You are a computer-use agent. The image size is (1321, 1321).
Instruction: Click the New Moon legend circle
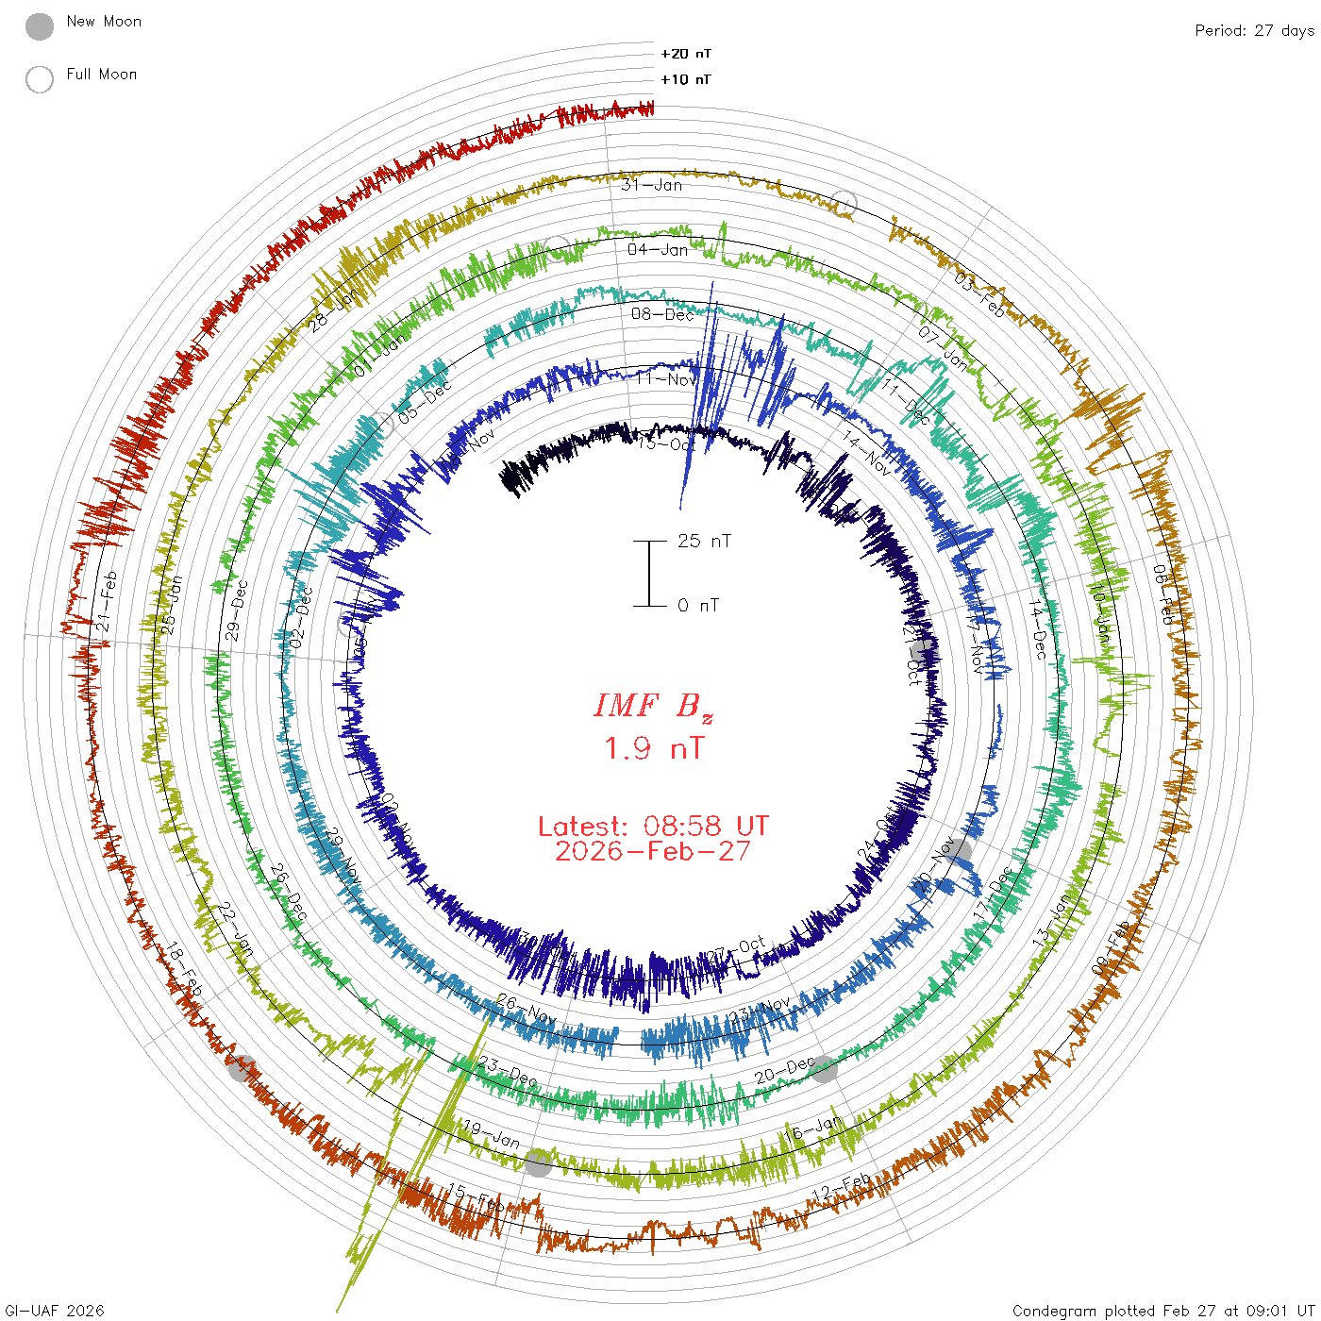coord(40,27)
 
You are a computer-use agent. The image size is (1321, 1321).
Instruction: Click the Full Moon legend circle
coord(40,79)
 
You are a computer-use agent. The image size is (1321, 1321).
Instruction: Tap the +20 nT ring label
coord(686,54)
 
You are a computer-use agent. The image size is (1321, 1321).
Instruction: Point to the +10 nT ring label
coord(686,79)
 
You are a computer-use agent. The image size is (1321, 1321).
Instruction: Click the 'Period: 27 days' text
coord(1254,30)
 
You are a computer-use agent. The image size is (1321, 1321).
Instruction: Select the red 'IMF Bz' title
coord(653,706)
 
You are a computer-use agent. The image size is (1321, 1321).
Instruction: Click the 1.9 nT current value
coord(653,748)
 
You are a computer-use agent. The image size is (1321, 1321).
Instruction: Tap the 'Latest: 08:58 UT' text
coord(653,827)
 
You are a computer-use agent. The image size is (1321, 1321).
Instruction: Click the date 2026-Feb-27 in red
coord(653,851)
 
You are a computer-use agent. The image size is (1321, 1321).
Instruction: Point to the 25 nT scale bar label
coord(704,541)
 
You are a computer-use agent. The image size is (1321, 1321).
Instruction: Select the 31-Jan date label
coord(651,185)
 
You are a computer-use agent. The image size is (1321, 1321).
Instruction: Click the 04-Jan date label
coord(658,249)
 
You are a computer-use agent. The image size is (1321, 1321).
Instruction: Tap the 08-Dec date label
coord(662,314)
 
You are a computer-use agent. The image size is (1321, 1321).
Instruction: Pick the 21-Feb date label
coord(107,601)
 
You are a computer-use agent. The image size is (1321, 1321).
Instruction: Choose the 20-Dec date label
coord(783,1071)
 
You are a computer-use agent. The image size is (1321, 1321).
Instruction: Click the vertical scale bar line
coord(649,573)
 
